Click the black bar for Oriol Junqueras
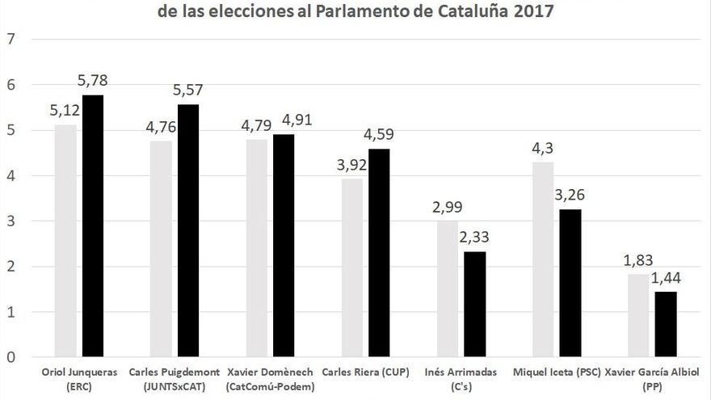(x=93, y=225)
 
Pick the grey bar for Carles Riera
(x=352, y=267)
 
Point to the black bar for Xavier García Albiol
(x=666, y=324)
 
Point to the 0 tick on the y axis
(x=11, y=357)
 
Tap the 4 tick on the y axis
(x=11, y=175)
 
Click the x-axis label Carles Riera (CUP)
(x=365, y=373)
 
